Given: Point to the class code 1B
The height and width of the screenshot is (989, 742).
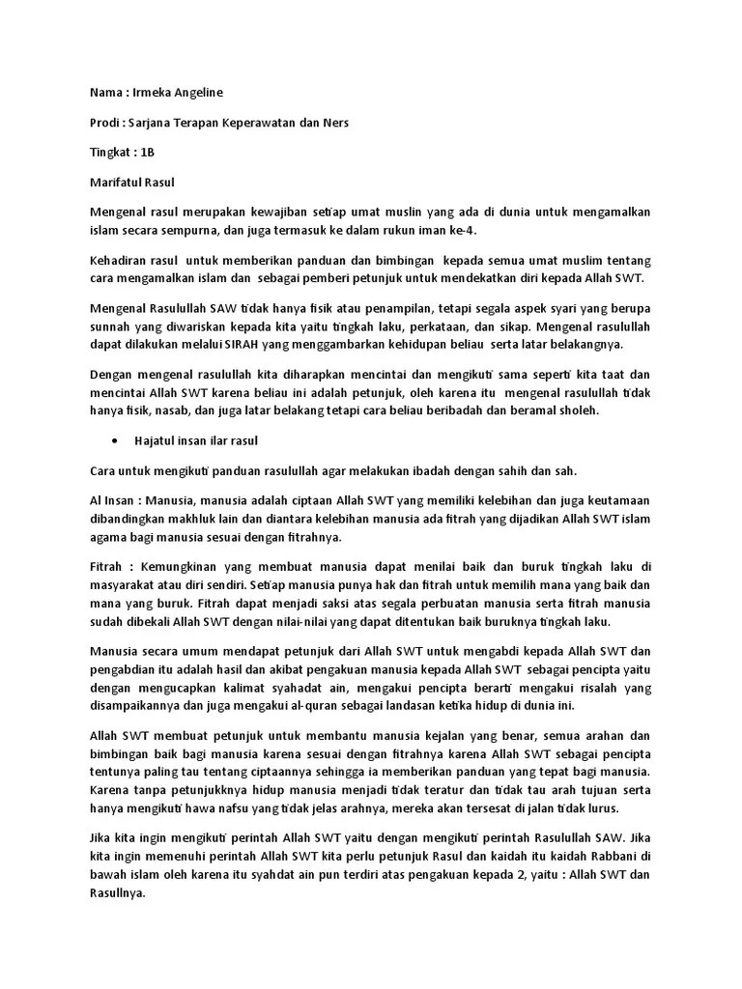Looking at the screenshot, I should click(x=148, y=153).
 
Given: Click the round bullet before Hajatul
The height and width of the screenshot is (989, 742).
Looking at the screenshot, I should click(x=115, y=440).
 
